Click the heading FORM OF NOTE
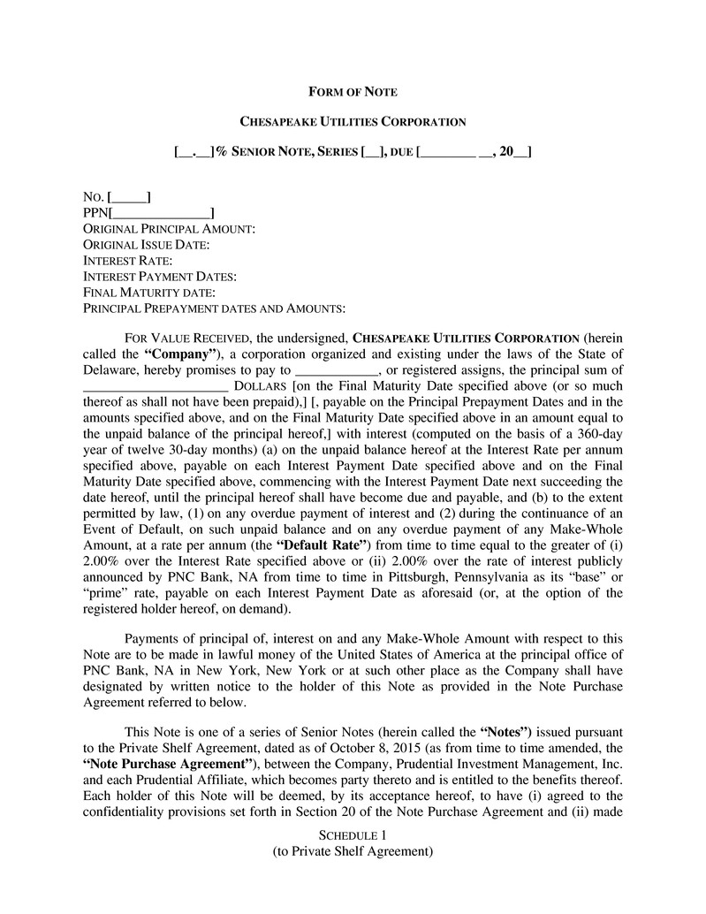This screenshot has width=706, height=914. [x=353, y=92]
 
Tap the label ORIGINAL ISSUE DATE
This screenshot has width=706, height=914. [x=146, y=245]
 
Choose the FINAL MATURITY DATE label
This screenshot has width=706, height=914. [x=149, y=293]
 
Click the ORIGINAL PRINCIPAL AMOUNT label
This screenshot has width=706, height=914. [x=169, y=229]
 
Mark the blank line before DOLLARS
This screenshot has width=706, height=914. [x=156, y=386]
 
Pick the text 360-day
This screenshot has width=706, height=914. [x=598, y=434]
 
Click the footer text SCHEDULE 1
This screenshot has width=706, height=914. [x=353, y=835]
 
